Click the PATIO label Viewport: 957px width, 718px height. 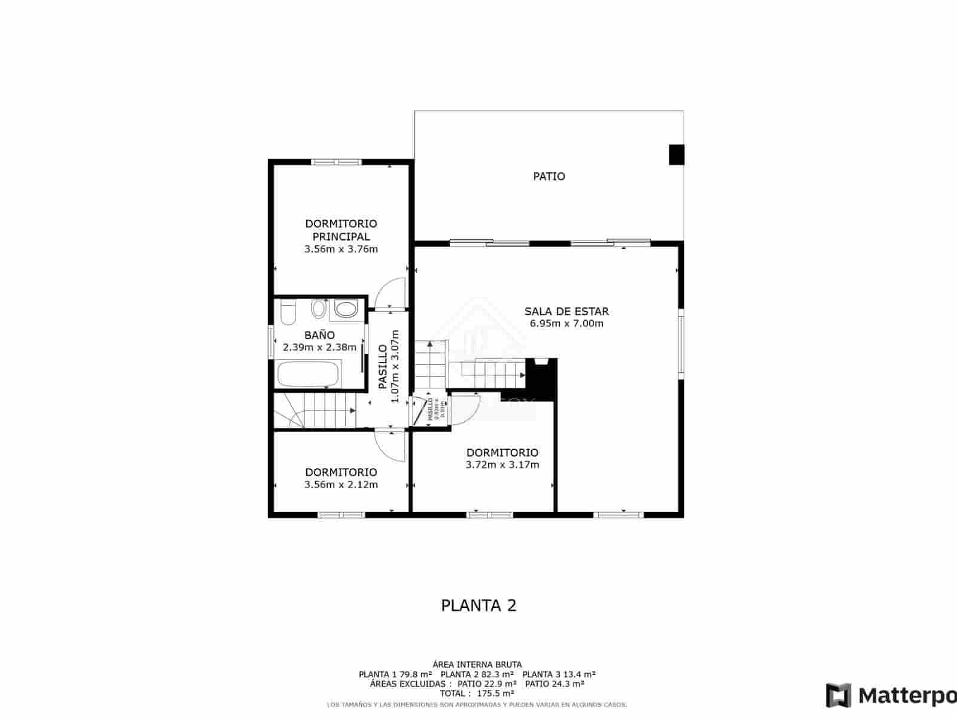549,177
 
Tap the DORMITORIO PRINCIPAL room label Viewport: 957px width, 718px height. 341,230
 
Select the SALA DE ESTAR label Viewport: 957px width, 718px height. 566,311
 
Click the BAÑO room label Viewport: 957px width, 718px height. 319,335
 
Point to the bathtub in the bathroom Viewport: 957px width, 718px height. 308,375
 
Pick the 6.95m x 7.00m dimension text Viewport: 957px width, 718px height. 566,324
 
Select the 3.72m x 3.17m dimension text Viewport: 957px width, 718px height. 502,465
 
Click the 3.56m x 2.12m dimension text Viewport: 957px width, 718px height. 341,485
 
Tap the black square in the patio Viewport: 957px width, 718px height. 676,154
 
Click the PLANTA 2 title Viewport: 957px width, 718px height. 478,606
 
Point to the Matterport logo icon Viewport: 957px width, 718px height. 839,695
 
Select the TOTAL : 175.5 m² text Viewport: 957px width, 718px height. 477,693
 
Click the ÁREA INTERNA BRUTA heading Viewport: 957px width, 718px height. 477,664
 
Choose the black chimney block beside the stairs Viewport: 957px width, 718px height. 541,377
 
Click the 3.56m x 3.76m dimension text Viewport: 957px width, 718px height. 341,250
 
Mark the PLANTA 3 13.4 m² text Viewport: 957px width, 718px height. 559,674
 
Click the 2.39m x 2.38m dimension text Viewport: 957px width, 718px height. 319,347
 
